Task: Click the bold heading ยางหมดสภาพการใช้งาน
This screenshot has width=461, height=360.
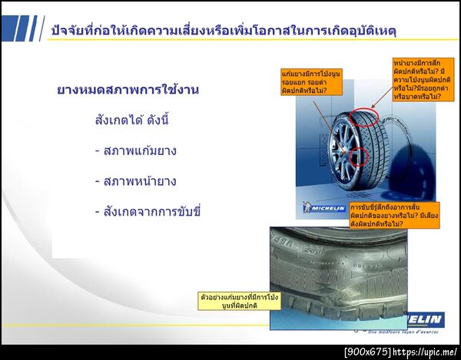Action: [x=128, y=90]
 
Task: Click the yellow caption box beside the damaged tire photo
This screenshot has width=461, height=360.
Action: [x=228, y=300]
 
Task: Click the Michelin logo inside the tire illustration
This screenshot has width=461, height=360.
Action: [x=321, y=206]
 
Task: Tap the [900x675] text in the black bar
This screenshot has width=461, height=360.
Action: [x=366, y=352]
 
